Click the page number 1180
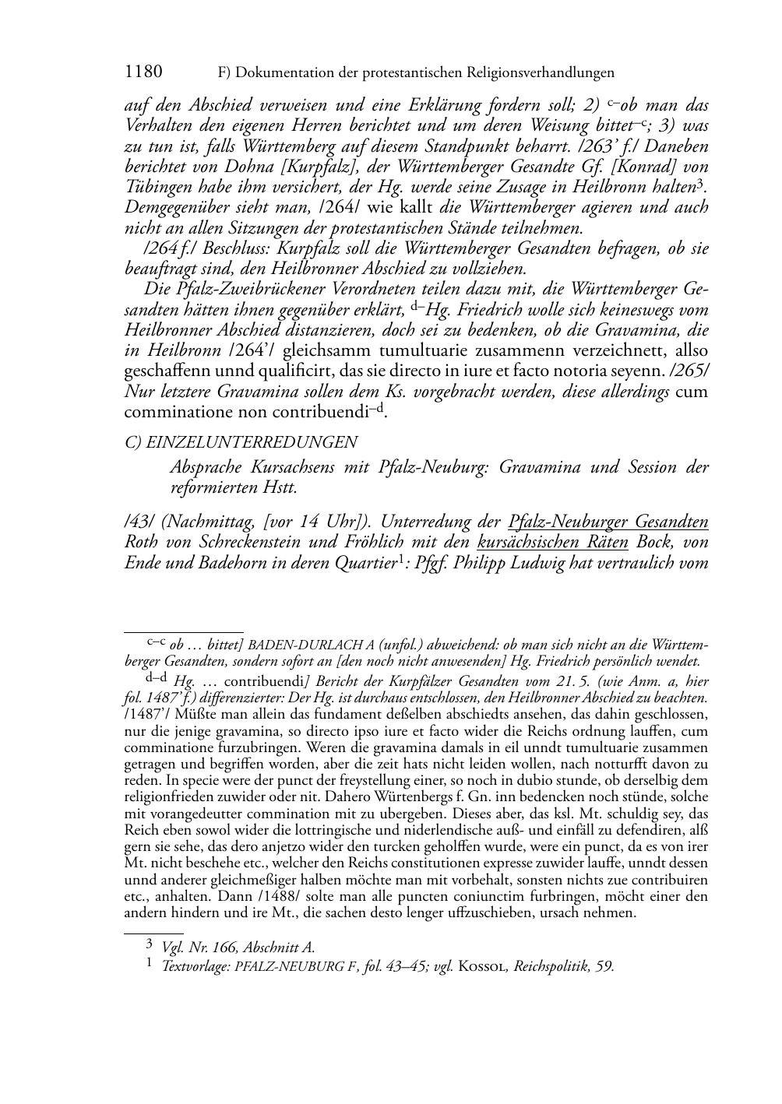(143, 72)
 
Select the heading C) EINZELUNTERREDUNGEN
(241, 442)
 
